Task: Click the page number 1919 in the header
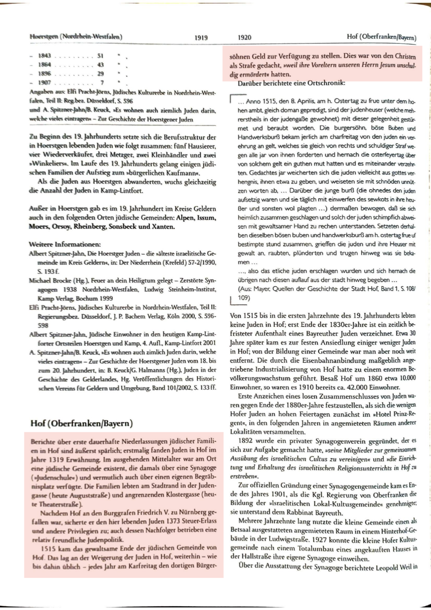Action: (x=201, y=38)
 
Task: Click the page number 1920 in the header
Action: (x=244, y=38)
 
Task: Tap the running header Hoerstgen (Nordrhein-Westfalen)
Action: (x=76, y=37)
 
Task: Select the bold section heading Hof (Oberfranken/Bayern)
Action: (x=82, y=423)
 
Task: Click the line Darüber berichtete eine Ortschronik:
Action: (x=291, y=83)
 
